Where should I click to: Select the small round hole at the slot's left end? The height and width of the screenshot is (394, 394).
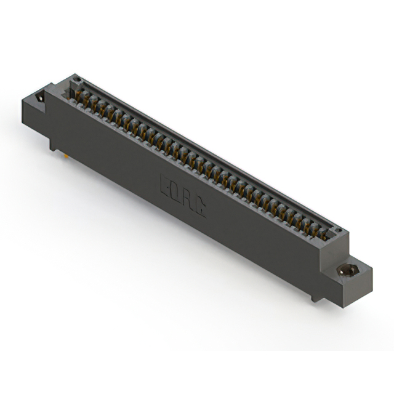click(78, 81)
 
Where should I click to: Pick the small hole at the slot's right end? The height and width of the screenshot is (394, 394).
click(336, 230)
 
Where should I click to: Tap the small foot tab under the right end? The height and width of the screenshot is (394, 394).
click(316, 299)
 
